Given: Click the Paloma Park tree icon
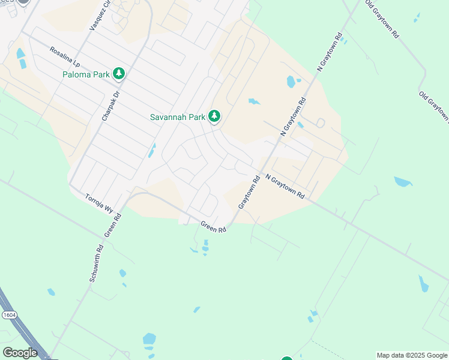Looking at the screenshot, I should pyautogui.click(x=119, y=73).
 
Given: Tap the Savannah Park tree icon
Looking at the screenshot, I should pyautogui.click(x=214, y=116).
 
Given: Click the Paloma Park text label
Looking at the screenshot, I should pyautogui.click(x=86, y=74).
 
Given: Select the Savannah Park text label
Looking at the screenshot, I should pyautogui.click(x=177, y=117).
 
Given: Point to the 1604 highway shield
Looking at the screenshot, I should pyautogui.click(x=9, y=314).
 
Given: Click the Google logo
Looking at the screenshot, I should pyautogui.click(x=19, y=353).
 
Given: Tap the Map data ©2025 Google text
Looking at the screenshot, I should pyautogui.click(x=412, y=355).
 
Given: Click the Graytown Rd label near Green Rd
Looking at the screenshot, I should pyautogui.click(x=248, y=192).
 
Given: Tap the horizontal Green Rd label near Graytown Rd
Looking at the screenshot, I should pyautogui.click(x=213, y=227).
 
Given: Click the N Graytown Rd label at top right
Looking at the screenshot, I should pyautogui.click(x=330, y=53).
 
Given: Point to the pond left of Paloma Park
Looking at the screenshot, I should pyautogui.click(x=21, y=58).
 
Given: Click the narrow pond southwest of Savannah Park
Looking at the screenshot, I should pyautogui.click(x=151, y=151).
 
